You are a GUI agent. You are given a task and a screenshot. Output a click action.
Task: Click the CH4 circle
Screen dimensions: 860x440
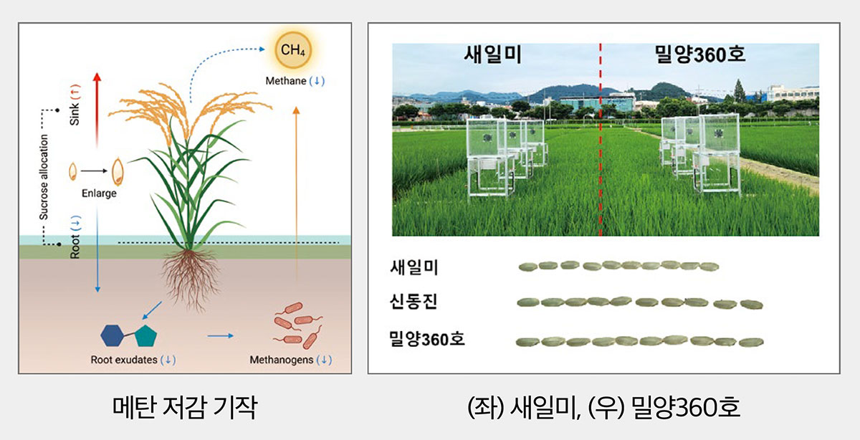pos(293,50)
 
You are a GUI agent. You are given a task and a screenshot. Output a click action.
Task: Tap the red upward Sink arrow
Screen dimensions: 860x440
pos(97,110)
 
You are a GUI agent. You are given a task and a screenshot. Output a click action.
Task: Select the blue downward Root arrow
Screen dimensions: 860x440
pos(97,249)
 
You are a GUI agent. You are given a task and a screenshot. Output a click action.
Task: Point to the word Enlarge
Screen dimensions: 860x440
pos(99,193)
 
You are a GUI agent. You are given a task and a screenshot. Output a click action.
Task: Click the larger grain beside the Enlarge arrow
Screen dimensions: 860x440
pos(118,171)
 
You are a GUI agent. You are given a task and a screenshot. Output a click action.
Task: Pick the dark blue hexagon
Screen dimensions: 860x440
pos(112,335)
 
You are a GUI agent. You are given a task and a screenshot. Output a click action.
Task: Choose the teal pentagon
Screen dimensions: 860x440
pos(146,336)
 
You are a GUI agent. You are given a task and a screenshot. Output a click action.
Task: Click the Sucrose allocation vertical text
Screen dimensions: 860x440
pos(44,177)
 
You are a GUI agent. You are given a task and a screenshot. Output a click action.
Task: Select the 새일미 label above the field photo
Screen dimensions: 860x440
pos(493,55)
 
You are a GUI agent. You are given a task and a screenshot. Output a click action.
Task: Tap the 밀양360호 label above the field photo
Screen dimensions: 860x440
pos(700,54)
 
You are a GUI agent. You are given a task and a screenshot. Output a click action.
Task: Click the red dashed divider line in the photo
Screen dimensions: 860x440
pos(601,139)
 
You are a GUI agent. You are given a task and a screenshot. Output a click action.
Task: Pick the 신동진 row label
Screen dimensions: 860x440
pos(414,302)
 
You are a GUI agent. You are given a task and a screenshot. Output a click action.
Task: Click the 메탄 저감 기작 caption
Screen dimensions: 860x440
pos(185,407)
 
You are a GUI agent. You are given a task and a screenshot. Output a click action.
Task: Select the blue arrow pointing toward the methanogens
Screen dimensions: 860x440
pos(221,336)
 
